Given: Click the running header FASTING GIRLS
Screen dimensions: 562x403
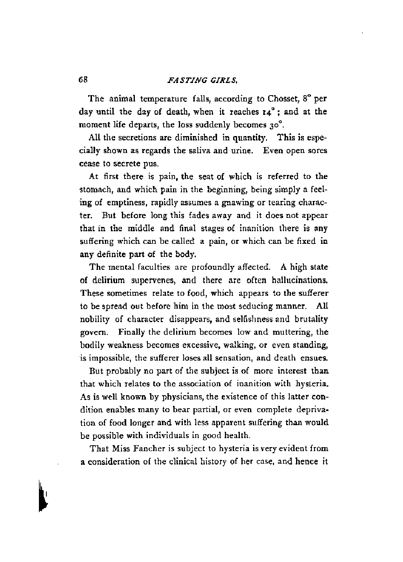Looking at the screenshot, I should tap(201, 81).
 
